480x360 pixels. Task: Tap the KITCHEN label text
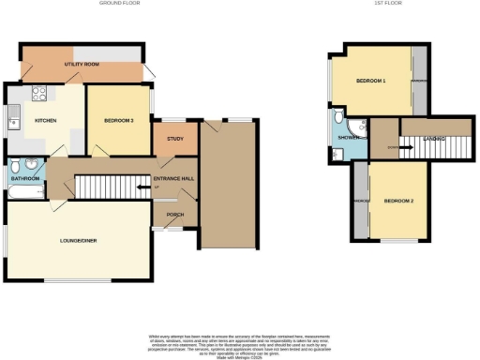(x=46, y=121)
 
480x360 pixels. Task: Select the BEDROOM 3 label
(x=118, y=121)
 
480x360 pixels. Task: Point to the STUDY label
(x=174, y=140)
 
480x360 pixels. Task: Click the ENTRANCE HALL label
(x=173, y=178)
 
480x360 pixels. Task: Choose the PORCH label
(x=175, y=214)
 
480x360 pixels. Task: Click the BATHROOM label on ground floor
(x=24, y=178)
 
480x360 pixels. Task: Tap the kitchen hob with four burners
(x=40, y=93)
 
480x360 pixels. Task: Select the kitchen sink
(x=13, y=117)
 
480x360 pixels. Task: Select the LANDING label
(x=433, y=139)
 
